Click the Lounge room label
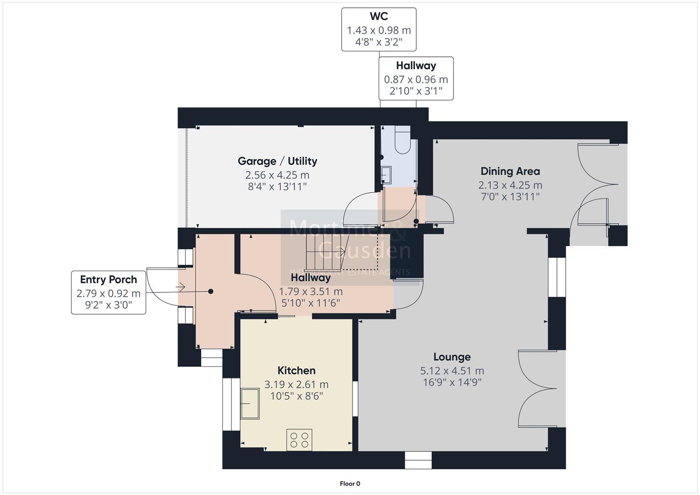point(452,357)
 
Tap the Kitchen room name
point(296,370)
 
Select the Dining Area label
point(510,171)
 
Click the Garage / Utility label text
point(277,161)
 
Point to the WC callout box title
point(379,16)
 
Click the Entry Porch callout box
point(109,292)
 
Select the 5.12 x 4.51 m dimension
point(452,371)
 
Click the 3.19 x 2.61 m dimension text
point(296,385)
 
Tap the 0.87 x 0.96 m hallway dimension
point(416,79)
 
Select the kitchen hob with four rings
point(299,440)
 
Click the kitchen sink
point(250,403)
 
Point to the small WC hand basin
point(387,175)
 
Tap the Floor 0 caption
point(350,484)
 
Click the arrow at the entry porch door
point(180,287)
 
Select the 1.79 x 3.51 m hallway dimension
point(311,291)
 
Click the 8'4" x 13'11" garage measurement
point(277,187)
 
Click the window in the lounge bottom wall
point(418,460)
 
